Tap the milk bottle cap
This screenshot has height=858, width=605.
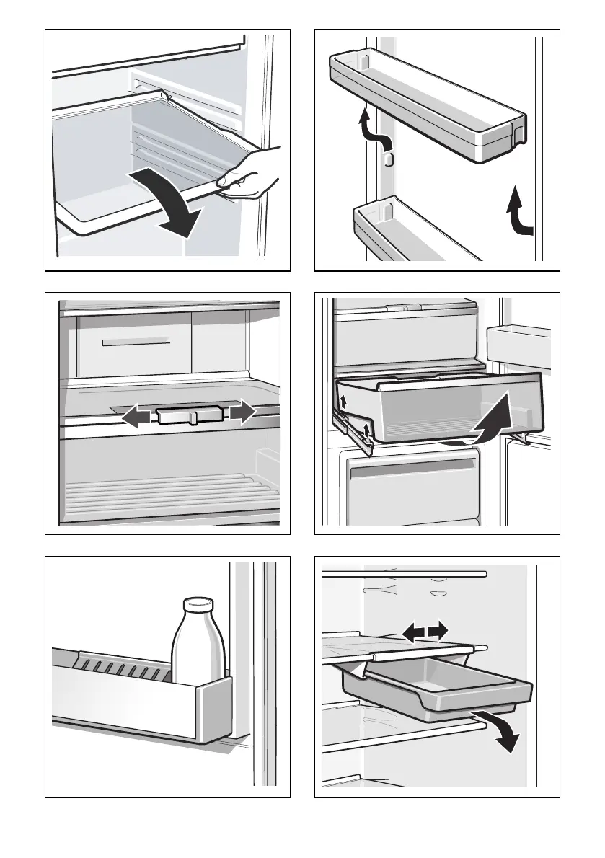(198, 604)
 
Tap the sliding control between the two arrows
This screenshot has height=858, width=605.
(189, 417)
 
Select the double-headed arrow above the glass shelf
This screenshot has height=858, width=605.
(425, 632)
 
